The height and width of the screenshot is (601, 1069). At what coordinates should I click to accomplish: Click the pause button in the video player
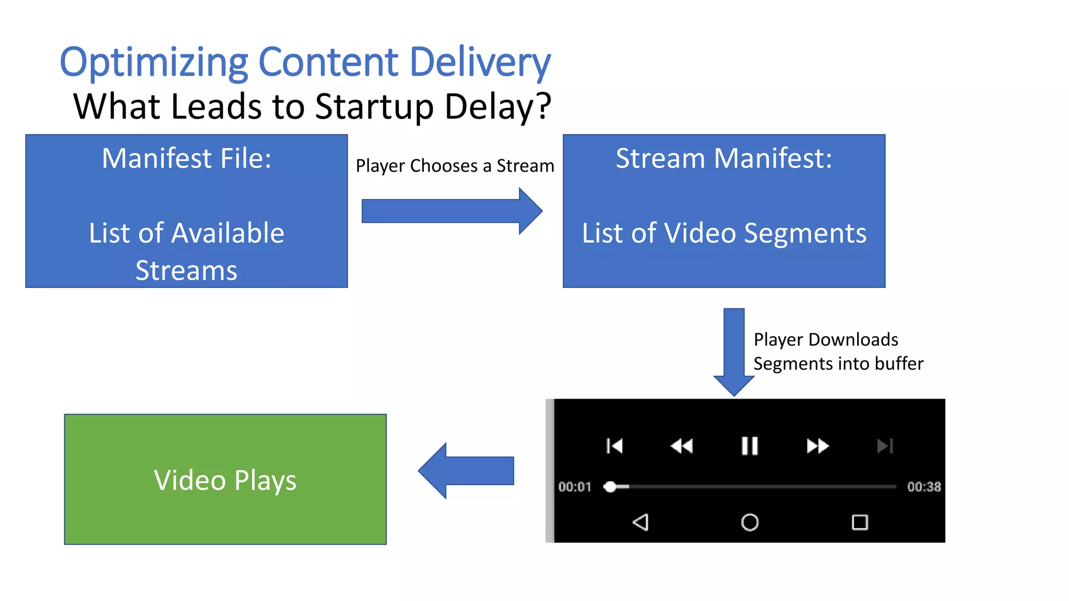(750, 446)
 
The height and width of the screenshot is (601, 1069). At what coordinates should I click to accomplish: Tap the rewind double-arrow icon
(682, 446)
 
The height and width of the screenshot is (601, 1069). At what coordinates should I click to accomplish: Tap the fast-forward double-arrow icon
(817, 446)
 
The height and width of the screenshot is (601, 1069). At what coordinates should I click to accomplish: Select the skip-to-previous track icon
(614, 446)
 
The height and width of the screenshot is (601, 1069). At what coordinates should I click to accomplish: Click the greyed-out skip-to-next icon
(885, 446)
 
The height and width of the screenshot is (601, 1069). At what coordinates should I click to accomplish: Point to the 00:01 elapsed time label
(574, 487)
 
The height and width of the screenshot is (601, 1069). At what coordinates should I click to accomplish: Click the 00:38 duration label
(924, 487)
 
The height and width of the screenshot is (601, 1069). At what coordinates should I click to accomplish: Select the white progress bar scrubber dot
(610, 487)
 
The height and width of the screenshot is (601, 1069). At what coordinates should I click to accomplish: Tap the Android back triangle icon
(640, 522)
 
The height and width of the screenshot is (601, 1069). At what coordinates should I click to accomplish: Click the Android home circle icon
(750, 522)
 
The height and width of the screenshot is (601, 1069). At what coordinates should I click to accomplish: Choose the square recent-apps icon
(860, 522)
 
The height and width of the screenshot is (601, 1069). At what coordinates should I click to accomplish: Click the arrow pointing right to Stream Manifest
(452, 211)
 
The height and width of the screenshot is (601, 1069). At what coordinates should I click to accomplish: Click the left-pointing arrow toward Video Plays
(466, 471)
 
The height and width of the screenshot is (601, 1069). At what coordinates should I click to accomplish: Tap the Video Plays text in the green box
(225, 480)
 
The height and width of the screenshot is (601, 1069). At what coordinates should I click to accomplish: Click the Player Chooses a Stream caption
(455, 166)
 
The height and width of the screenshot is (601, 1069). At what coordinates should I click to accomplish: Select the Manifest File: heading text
(186, 158)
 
